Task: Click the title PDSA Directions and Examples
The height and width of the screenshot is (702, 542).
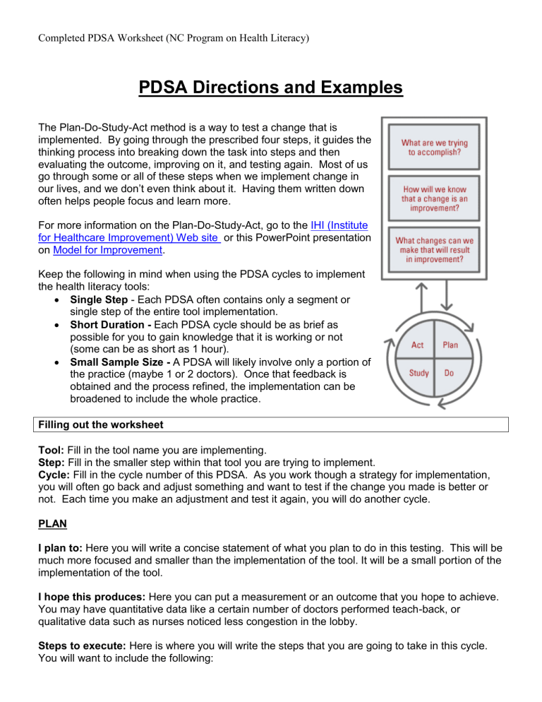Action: tap(270, 90)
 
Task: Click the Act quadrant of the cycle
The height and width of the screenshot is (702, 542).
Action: tap(419, 345)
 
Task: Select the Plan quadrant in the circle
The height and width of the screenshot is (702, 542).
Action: tap(450, 345)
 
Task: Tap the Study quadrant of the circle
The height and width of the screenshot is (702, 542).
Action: tap(418, 372)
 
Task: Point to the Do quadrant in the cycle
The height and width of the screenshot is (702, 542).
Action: tap(449, 372)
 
